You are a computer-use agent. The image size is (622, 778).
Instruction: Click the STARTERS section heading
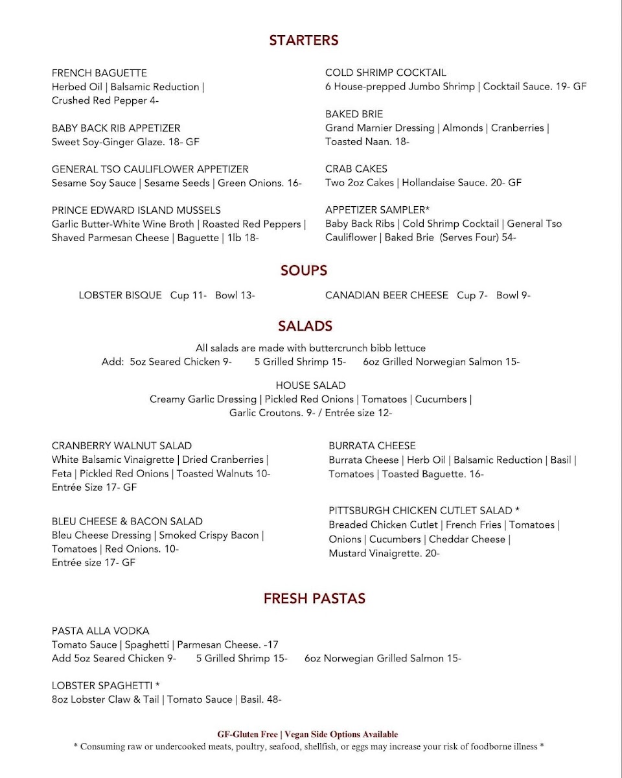tap(304, 40)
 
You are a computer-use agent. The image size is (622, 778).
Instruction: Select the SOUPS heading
tap(304, 270)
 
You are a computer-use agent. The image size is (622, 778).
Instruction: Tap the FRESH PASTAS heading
tap(314, 599)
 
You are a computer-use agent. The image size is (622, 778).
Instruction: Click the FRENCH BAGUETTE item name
tap(99, 73)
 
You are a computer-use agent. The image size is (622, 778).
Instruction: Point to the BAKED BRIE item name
tap(354, 114)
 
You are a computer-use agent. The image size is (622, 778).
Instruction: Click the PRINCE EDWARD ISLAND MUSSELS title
tap(136, 210)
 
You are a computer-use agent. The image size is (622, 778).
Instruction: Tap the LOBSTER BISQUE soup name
tap(121, 295)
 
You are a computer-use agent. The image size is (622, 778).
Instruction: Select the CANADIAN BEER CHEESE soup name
tap(387, 295)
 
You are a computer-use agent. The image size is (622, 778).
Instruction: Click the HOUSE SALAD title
tap(310, 385)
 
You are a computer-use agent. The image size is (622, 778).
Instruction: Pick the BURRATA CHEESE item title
tap(372, 445)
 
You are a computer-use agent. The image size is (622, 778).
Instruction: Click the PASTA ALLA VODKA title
tap(100, 631)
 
